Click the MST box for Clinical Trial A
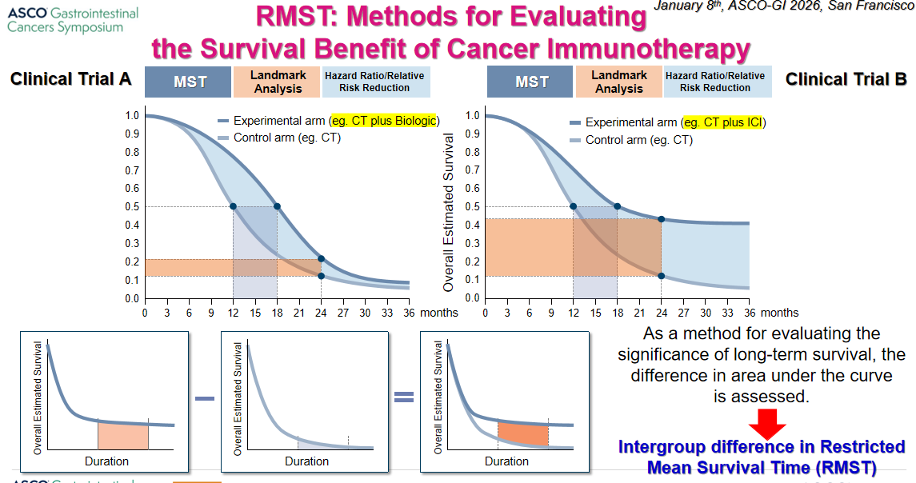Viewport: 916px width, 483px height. point(188,82)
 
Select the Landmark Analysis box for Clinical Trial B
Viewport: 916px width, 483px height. point(618,82)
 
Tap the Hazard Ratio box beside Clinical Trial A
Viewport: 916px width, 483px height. point(374,82)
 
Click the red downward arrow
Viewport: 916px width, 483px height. point(767,424)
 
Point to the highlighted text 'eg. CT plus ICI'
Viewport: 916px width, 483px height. point(722,122)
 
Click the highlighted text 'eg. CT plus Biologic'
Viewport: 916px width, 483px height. point(384,120)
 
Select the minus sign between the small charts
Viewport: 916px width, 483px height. point(205,398)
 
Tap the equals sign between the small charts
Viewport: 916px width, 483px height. point(404,397)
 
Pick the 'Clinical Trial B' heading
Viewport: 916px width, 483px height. point(846,79)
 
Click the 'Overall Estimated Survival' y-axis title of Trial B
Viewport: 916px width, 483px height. point(448,213)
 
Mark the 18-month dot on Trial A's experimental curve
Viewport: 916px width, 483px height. point(277,206)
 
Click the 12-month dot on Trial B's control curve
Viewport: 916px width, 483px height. point(573,206)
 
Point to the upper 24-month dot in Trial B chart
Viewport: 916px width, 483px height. point(662,219)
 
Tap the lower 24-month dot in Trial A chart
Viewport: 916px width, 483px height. point(321,276)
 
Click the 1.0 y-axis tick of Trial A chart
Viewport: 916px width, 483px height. point(132,115)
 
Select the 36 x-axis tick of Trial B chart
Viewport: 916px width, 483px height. point(750,313)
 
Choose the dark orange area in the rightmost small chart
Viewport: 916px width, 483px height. point(523,434)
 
